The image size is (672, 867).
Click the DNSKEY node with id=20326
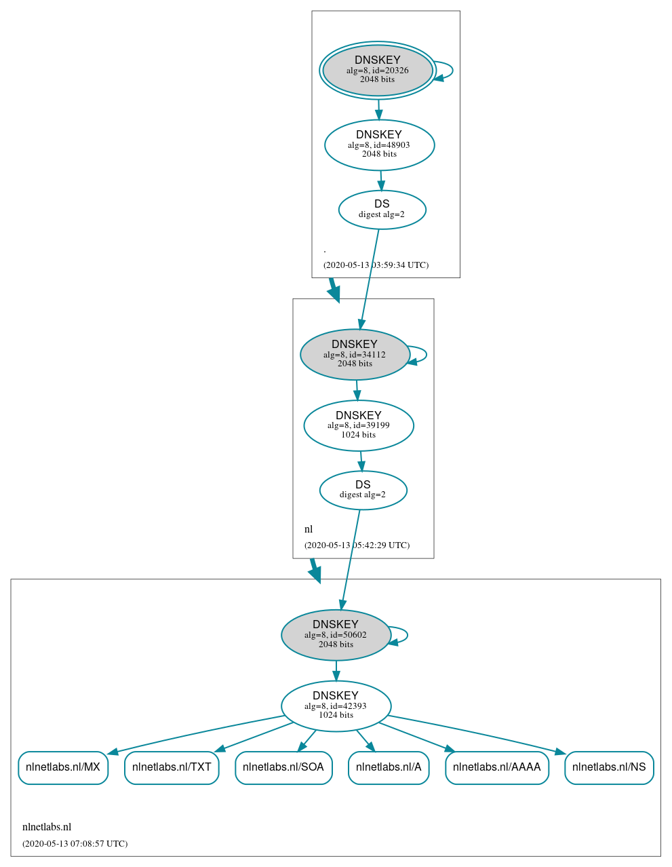tap(378, 71)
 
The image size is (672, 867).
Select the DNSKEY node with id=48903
tap(379, 145)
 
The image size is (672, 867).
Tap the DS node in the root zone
tap(382, 210)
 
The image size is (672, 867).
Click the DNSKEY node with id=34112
tap(355, 354)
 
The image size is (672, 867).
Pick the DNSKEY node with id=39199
tap(359, 425)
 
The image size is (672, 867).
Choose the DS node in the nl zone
tap(363, 490)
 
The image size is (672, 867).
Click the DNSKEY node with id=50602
tap(336, 635)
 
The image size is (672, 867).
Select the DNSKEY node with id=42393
tap(336, 706)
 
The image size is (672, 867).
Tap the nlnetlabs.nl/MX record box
tap(63, 767)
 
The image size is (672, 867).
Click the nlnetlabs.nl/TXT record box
tap(172, 767)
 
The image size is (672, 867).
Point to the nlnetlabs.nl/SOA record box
tap(283, 767)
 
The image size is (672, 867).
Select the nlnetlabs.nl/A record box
tap(389, 767)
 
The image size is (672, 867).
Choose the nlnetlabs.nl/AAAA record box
tap(496, 767)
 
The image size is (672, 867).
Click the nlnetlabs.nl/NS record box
tap(609, 767)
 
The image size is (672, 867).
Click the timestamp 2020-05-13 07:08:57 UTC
tap(75, 844)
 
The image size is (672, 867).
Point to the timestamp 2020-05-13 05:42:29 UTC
tap(357, 545)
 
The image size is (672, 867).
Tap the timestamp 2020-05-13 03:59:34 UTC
tap(376, 265)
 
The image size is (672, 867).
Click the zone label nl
tap(309, 529)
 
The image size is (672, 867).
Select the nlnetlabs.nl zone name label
tap(47, 827)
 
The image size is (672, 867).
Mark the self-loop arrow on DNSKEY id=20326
tap(451, 71)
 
